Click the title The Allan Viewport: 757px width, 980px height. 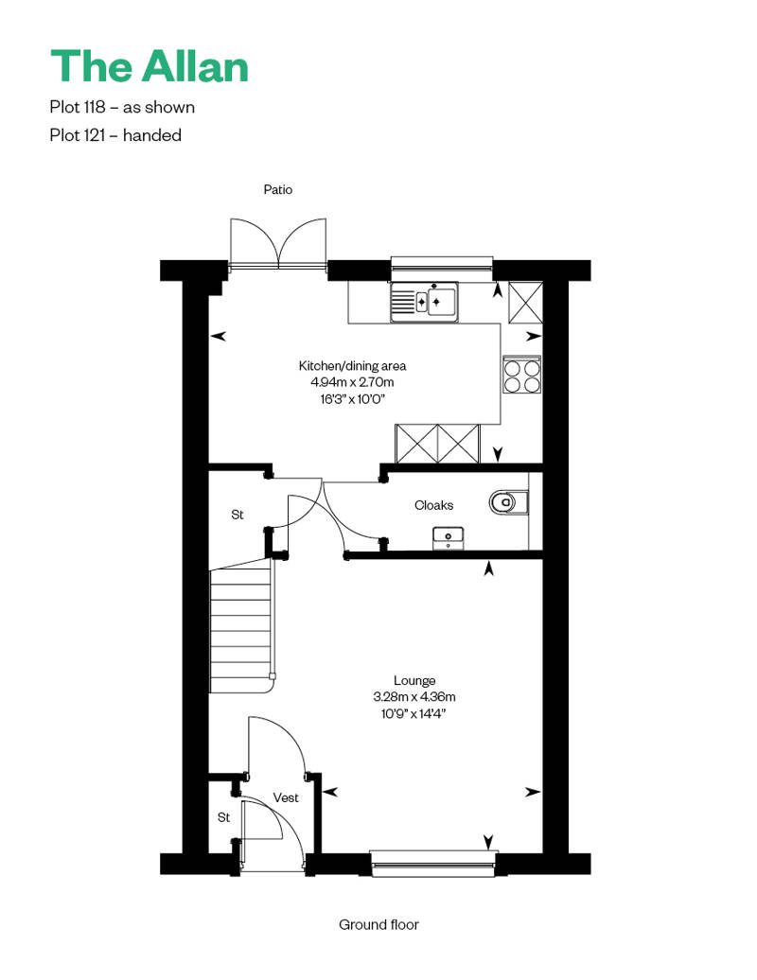click(x=150, y=66)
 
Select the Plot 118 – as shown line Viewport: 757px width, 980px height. click(x=122, y=107)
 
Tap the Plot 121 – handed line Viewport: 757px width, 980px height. click(x=115, y=135)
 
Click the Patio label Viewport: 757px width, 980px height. click(x=278, y=190)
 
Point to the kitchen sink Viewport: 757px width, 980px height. click(x=423, y=302)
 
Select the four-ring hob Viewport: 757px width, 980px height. click(x=521, y=375)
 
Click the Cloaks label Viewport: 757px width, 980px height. click(x=433, y=505)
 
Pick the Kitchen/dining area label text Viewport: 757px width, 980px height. click(x=352, y=365)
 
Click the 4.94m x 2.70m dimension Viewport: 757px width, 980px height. click(x=352, y=382)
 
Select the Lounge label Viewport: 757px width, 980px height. click(x=414, y=680)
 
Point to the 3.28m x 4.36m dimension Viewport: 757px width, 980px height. click(x=414, y=697)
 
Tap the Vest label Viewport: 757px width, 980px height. click(x=286, y=797)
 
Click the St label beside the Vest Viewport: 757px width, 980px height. click(x=223, y=816)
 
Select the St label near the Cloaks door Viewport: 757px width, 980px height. click(x=238, y=515)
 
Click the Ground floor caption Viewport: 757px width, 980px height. click(x=378, y=924)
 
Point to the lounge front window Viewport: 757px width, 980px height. click(x=433, y=860)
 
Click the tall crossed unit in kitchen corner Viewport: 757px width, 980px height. click(x=525, y=303)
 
